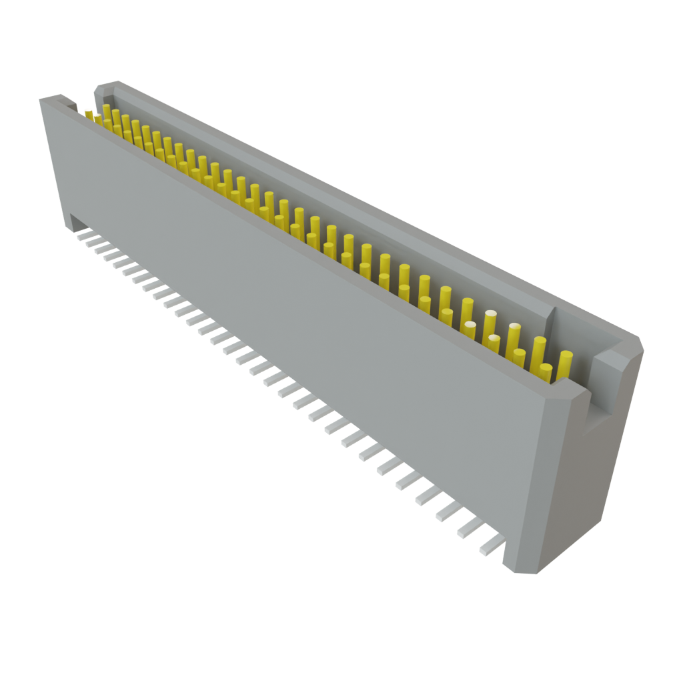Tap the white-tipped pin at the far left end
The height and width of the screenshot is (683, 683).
(x=89, y=113)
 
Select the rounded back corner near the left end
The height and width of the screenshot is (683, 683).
(x=100, y=87)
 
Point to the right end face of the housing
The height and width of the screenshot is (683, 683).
(x=580, y=480)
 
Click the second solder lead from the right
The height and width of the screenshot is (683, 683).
(x=470, y=529)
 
